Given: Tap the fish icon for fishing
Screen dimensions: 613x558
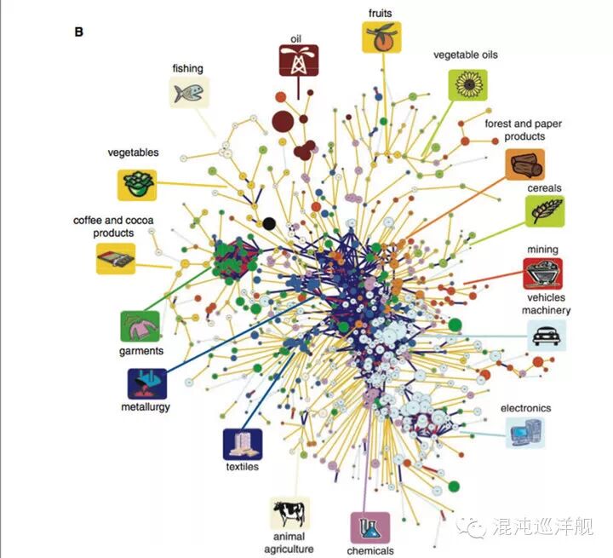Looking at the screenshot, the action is (188, 91).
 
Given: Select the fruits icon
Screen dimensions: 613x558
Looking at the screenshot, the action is (381, 37).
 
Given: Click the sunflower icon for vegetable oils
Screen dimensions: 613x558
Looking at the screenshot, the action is (468, 84).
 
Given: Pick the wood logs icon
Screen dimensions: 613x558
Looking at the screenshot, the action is (525, 164).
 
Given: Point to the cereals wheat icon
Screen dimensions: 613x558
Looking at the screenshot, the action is (542, 210).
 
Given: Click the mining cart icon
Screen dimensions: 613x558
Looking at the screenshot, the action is (542, 273).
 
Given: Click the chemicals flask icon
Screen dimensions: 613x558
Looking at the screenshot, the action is (370, 527).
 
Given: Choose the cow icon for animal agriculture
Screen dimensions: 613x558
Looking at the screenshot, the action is (289, 513).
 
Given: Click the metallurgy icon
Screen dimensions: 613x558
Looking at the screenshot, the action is (146, 384).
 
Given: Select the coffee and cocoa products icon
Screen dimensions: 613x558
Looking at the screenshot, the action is (115, 258).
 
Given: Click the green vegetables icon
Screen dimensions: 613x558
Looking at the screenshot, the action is (136, 184).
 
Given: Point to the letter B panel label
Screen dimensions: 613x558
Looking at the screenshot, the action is (79, 32).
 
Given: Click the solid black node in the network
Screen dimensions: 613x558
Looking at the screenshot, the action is (269, 223).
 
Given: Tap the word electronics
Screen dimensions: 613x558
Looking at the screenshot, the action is (525, 408).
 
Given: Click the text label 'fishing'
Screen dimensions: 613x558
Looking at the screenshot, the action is (187, 68).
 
